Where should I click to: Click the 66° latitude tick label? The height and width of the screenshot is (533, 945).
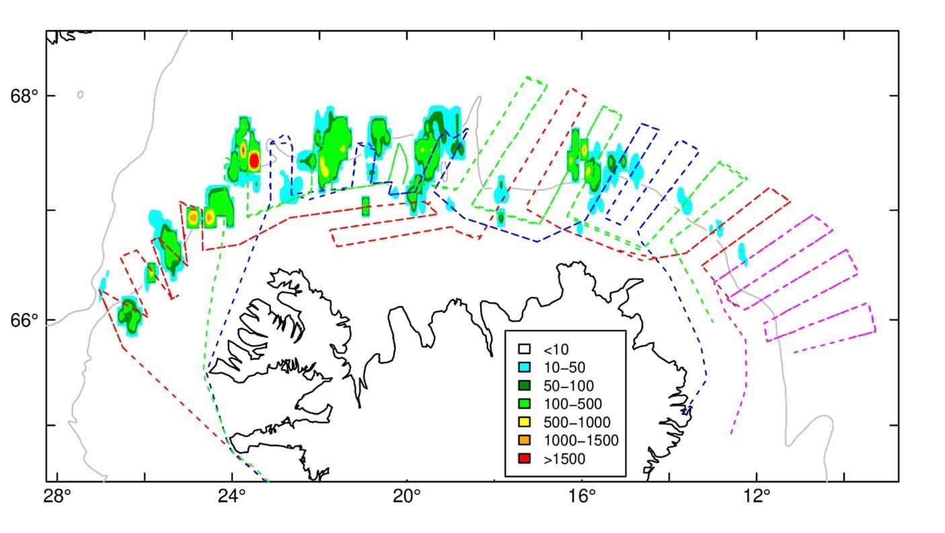click(x=23, y=320)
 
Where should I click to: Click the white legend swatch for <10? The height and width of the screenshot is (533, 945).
click(x=525, y=349)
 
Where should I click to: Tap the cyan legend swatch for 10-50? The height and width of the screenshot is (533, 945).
click(x=525, y=367)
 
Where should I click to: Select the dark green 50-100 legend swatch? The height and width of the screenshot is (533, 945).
click(x=525, y=386)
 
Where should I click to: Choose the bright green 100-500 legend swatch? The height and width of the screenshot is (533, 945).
click(x=525, y=404)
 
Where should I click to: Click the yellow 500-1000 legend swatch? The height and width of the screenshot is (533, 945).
click(x=525, y=423)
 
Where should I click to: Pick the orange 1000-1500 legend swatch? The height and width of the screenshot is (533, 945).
click(x=525, y=441)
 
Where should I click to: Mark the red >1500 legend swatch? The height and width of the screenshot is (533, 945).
click(x=525, y=459)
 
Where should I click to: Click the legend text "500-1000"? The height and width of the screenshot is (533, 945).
click(x=576, y=423)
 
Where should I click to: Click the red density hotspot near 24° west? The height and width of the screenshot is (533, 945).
click(x=254, y=161)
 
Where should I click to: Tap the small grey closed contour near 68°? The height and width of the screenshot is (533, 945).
click(x=80, y=95)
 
